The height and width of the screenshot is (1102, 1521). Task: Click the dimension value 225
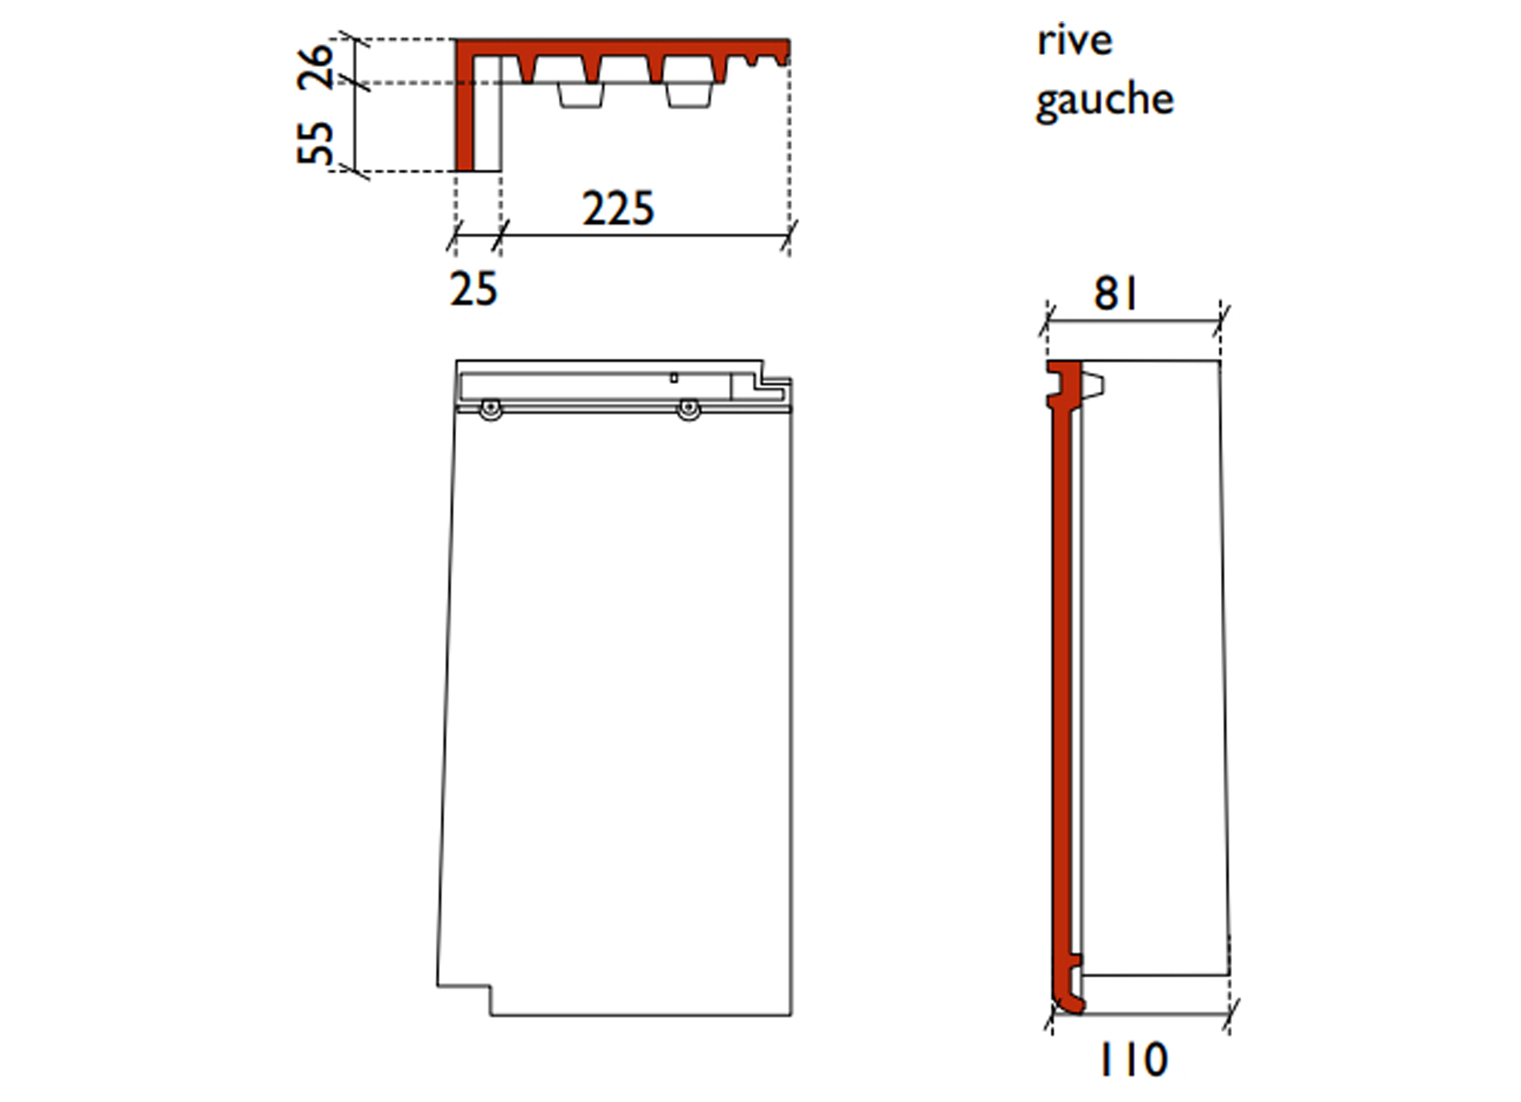pyautogui.click(x=618, y=209)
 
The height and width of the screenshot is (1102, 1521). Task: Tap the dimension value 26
pyautogui.click(x=315, y=65)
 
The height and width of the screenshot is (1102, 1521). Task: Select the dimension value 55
pyautogui.click(x=315, y=142)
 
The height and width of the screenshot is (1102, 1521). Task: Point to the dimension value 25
pyautogui.click(x=473, y=289)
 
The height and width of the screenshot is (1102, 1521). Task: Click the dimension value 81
pyautogui.click(x=1116, y=294)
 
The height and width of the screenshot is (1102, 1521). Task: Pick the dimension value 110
pyautogui.click(x=1134, y=1060)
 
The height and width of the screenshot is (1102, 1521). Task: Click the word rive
pyautogui.click(x=1074, y=42)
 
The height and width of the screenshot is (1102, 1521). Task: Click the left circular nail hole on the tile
pyautogui.click(x=489, y=410)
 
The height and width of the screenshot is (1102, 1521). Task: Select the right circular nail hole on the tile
pyautogui.click(x=688, y=410)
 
